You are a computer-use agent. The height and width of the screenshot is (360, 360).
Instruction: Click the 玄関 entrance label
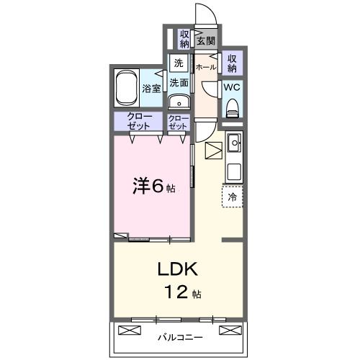(206, 40)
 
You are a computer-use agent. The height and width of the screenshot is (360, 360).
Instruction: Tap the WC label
(232, 87)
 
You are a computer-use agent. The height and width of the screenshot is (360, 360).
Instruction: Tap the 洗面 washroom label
(179, 82)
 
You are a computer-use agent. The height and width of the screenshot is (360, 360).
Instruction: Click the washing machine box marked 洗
(179, 63)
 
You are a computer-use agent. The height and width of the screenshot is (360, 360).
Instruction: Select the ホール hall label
(206, 67)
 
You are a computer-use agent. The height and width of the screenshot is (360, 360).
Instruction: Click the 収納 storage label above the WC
(232, 63)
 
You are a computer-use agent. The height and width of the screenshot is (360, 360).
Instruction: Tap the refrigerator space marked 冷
(233, 195)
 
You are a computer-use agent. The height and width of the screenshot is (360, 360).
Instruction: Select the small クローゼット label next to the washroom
(178, 121)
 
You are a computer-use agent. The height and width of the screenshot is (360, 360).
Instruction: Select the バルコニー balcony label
(179, 337)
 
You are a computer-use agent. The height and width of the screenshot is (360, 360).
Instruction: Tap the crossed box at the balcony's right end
(228, 330)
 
